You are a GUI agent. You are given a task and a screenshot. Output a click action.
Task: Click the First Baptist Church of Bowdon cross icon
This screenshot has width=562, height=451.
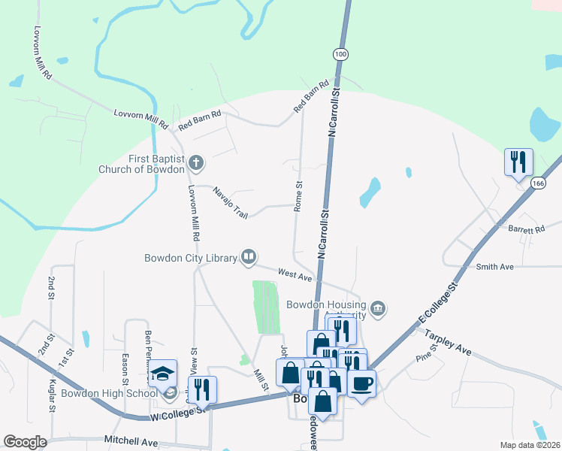[x=196, y=162]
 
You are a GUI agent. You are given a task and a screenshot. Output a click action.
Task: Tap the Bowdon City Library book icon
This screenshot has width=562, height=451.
[x=248, y=258]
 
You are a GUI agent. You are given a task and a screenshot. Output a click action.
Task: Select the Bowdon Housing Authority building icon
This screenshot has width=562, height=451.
[x=377, y=309]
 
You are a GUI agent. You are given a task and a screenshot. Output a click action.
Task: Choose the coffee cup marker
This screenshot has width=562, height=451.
[x=361, y=383]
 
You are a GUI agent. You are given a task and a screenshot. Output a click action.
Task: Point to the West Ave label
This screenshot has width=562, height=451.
[x=295, y=276]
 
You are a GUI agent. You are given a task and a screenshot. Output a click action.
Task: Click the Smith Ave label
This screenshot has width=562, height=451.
[x=494, y=266]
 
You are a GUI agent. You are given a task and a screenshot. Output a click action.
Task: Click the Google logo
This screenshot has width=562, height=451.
[x=25, y=441]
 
